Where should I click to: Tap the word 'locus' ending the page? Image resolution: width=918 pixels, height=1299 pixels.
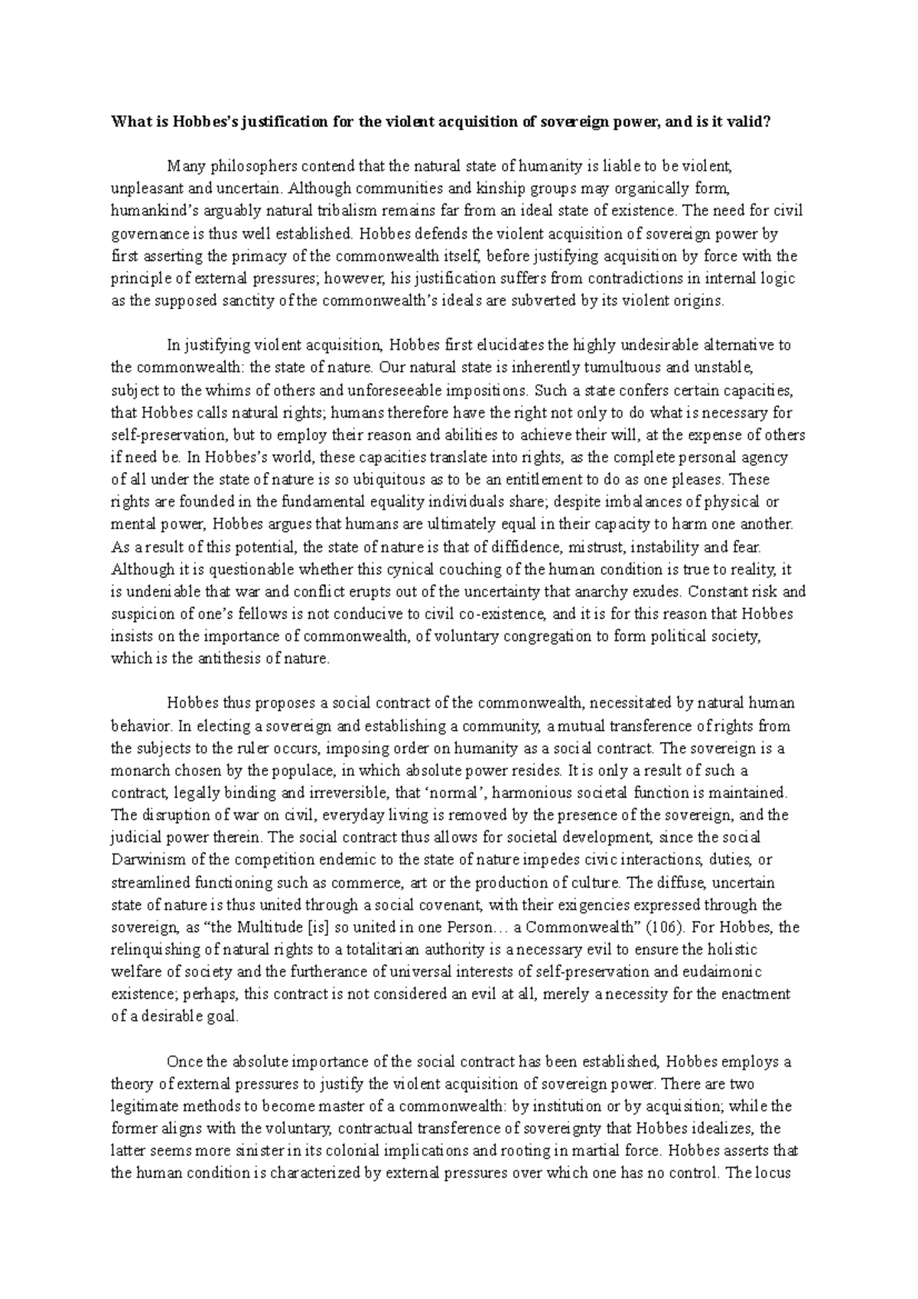click(x=784, y=1173)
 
